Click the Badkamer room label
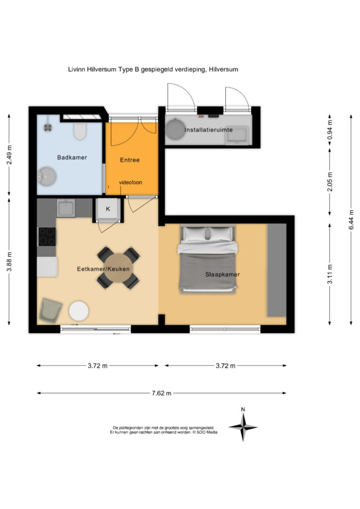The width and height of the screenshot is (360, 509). [72, 158]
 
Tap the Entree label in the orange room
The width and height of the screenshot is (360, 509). [130, 160]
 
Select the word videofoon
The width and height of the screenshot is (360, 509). [130, 182]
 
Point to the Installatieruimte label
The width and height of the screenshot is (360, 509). [208, 130]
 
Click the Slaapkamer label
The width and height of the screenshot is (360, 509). [223, 274]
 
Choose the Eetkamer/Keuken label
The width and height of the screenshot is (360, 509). [103, 269]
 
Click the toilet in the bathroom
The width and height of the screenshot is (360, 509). [80, 131]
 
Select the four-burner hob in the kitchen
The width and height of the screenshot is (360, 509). [47, 236]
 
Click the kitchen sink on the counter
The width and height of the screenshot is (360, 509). [66, 208]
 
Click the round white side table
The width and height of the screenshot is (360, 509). [79, 311]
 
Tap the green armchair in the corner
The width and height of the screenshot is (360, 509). [50, 311]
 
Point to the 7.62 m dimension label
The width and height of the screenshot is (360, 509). [161, 393]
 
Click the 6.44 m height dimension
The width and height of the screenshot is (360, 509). [351, 220]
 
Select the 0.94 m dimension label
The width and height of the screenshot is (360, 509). [330, 130]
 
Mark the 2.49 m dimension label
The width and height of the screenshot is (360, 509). [9, 155]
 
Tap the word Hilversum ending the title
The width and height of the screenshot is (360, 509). [224, 69]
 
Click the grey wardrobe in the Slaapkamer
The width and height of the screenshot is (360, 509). [276, 270]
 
